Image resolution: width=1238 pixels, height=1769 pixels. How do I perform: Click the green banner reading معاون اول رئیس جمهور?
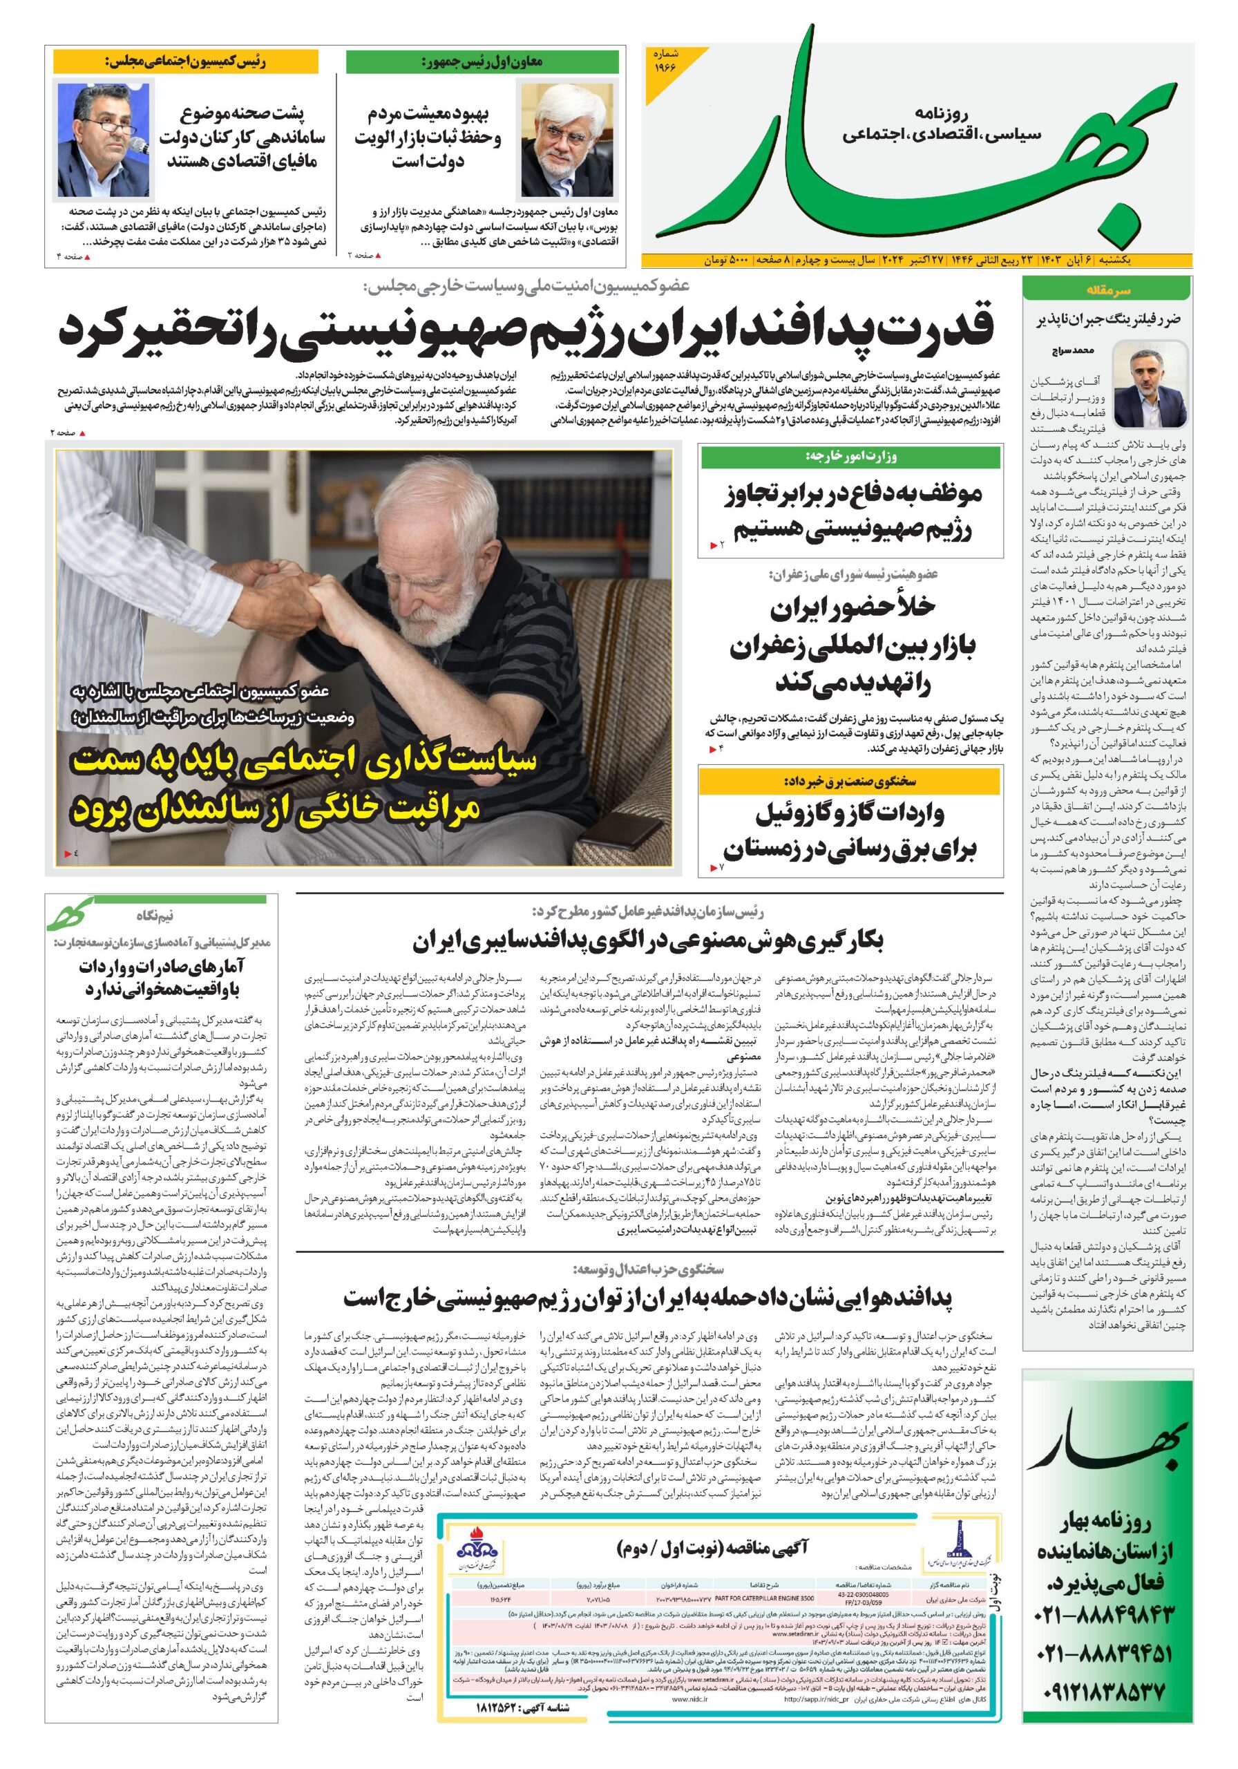tap(482, 62)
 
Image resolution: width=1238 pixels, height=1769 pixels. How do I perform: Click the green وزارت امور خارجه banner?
tap(850, 457)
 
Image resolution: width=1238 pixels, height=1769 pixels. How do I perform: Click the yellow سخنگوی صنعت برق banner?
tap(850, 782)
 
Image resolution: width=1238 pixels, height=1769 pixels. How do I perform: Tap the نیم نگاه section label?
tap(154, 916)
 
